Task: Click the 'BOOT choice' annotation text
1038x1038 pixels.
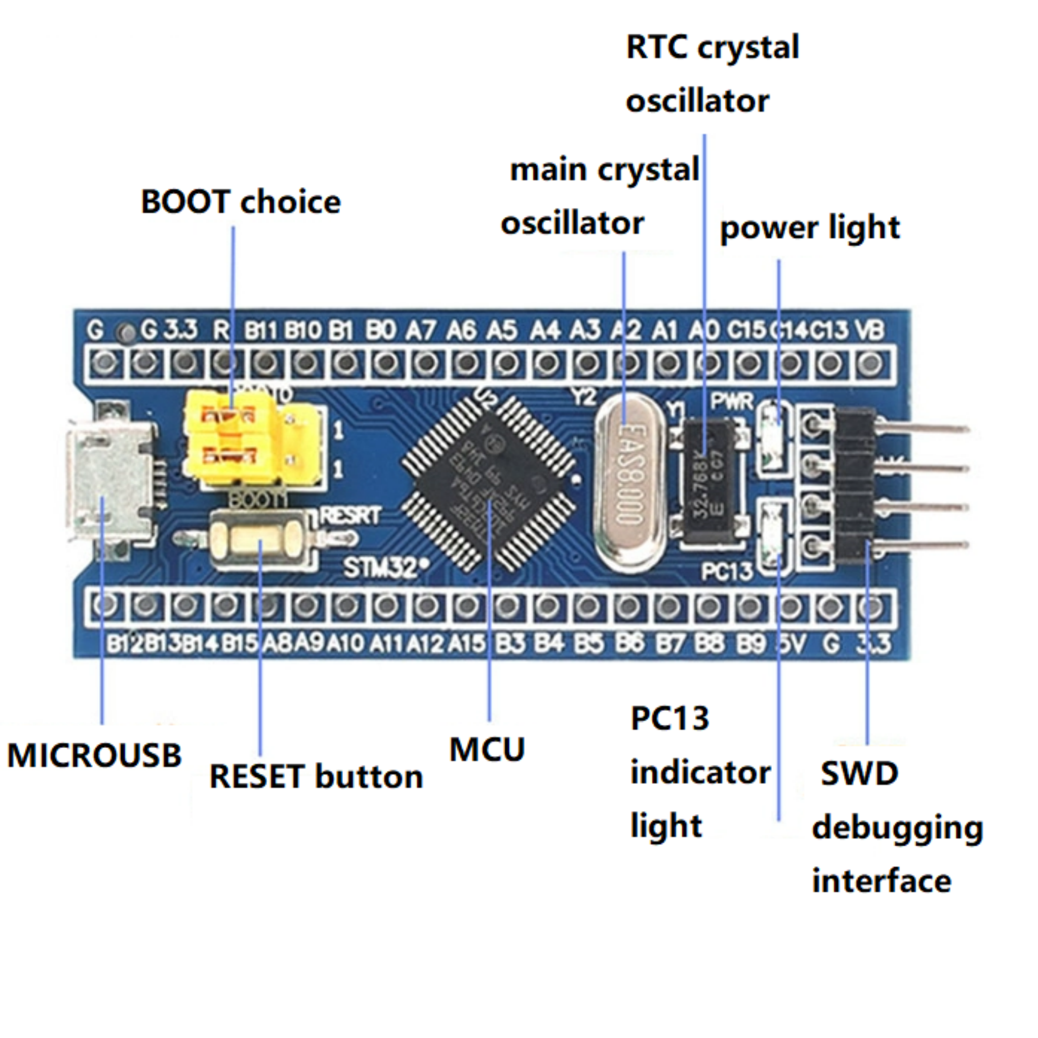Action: click(x=241, y=202)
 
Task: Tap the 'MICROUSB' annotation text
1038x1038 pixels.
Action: click(x=95, y=755)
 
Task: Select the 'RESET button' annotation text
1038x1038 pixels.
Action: click(x=316, y=777)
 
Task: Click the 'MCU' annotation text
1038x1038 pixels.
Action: click(x=487, y=750)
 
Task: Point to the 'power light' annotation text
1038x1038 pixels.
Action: click(x=809, y=228)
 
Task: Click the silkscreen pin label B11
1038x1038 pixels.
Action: click(x=261, y=330)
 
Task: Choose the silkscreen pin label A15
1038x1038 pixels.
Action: click(x=467, y=643)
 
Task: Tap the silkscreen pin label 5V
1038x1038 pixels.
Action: click(x=790, y=643)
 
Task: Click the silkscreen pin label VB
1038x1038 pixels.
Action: click(x=870, y=330)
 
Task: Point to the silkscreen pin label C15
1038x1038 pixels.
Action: click(x=746, y=330)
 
